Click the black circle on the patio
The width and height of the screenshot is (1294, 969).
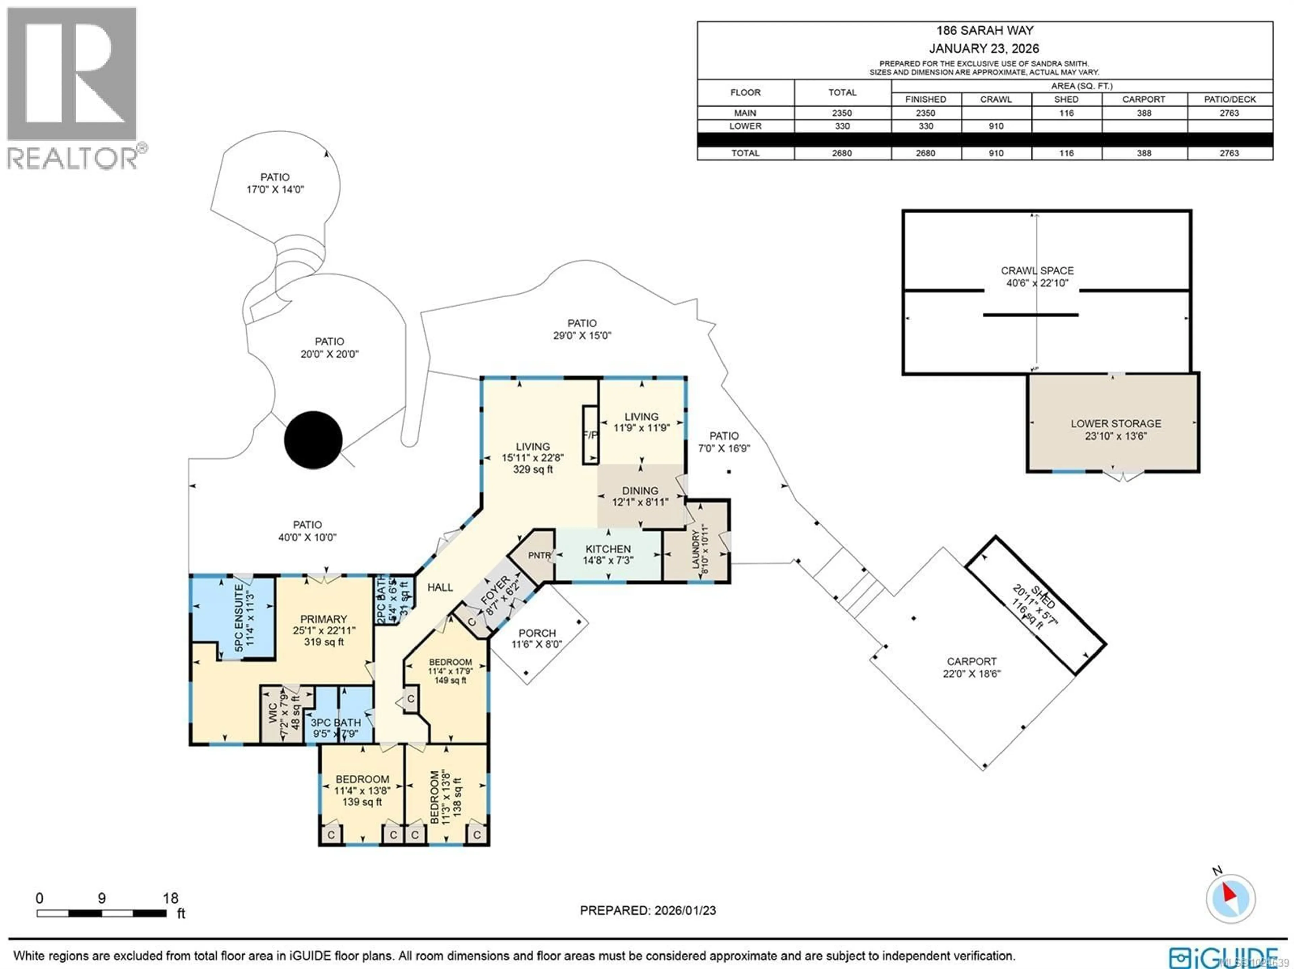313,440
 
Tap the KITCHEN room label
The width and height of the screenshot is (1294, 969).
608,549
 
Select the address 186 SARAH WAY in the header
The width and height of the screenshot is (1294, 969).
985,30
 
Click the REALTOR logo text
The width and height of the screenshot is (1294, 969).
73,158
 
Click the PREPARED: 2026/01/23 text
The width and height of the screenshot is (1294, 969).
648,910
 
